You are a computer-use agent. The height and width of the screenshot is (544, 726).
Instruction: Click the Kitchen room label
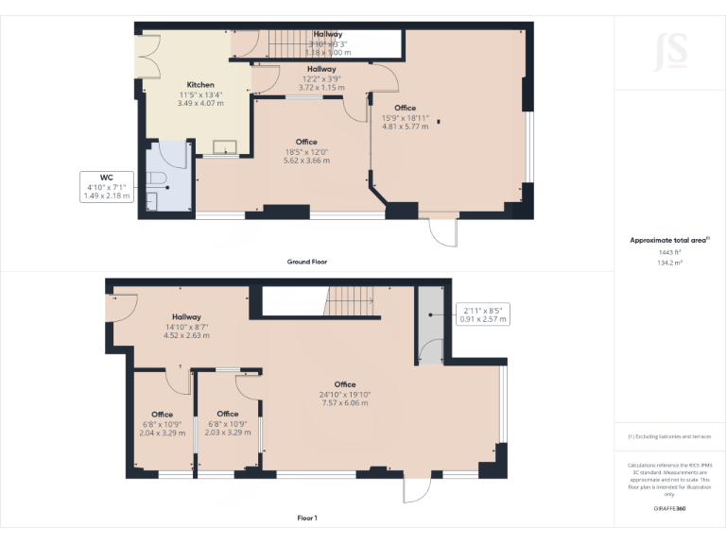[200, 93]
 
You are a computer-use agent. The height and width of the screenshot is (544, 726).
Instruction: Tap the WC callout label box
[106, 185]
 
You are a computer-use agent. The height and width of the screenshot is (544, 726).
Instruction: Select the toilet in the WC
[158, 179]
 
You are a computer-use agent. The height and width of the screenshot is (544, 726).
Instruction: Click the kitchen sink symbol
[225, 145]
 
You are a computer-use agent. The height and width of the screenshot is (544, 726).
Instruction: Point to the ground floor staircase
[289, 42]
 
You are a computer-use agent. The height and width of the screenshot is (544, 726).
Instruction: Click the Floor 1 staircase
[350, 303]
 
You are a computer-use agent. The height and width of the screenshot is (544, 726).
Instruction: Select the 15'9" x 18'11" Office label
[405, 117]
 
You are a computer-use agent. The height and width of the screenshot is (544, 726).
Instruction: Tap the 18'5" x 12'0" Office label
[306, 151]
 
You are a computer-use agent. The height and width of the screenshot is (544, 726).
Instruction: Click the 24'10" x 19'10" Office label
[345, 394]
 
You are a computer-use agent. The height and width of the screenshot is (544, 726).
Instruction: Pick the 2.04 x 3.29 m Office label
[162, 423]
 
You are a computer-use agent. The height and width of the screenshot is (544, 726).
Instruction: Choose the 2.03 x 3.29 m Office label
[228, 423]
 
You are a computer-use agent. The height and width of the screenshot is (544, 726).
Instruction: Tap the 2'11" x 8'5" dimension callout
[482, 314]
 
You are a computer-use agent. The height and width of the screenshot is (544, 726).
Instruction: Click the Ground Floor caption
[307, 262]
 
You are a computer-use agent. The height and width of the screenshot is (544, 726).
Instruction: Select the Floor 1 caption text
[307, 518]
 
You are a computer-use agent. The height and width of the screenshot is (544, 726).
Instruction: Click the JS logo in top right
[670, 47]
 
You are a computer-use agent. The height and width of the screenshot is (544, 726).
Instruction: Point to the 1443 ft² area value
[669, 252]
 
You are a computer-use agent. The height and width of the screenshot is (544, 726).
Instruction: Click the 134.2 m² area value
[669, 263]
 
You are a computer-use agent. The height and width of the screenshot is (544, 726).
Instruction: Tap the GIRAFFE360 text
[669, 508]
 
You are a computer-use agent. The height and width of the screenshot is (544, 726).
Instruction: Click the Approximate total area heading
[669, 241]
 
